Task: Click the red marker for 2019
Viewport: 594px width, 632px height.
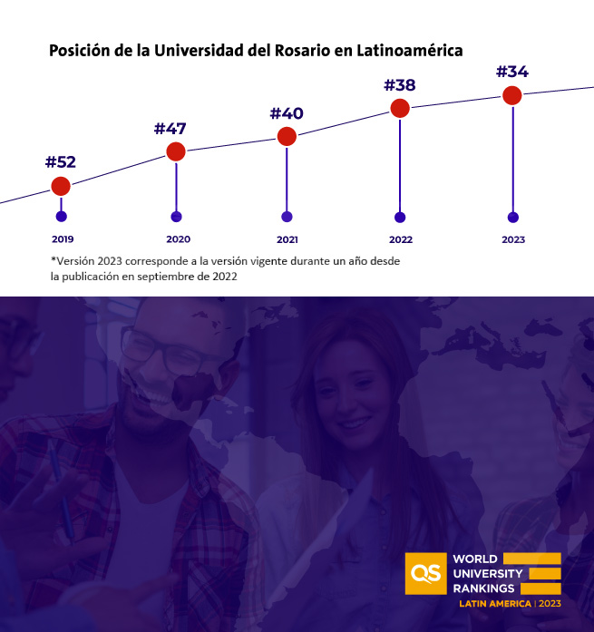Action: tap(61, 186)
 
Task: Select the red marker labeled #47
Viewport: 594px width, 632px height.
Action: tap(176, 151)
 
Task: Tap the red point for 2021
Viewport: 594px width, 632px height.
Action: tap(287, 137)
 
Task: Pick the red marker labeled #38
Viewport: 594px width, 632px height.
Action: tap(400, 108)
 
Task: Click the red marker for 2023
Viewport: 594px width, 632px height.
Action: tap(512, 94)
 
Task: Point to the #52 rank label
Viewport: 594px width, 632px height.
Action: tap(61, 162)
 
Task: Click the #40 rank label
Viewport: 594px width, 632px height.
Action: tap(287, 113)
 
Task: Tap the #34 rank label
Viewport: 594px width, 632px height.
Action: tap(512, 71)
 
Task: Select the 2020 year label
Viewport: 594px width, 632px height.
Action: tap(179, 239)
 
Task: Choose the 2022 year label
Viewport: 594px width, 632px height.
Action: tap(400, 239)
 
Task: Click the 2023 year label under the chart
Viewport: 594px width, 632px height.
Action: tap(513, 239)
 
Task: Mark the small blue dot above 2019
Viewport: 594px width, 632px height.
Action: tap(61, 217)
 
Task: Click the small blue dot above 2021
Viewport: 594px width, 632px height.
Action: tap(287, 217)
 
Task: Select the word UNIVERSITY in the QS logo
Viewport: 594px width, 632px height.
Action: tap(487, 573)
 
